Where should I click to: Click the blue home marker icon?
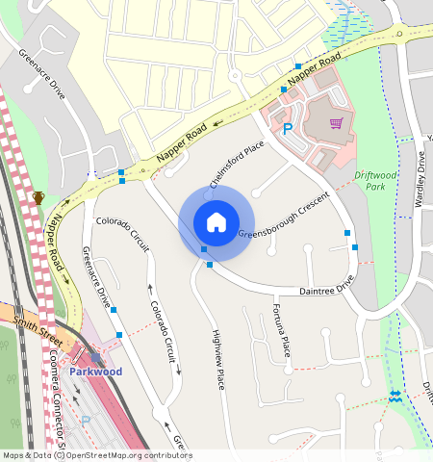[x=216, y=222]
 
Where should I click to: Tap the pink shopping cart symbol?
[x=336, y=122]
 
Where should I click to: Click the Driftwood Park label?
[x=374, y=180]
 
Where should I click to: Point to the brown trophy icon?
[x=38, y=197]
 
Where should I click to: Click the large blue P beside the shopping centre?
[x=287, y=128]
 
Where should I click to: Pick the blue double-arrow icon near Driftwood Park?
[x=395, y=397]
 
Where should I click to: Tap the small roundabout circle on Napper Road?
[x=234, y=76]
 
